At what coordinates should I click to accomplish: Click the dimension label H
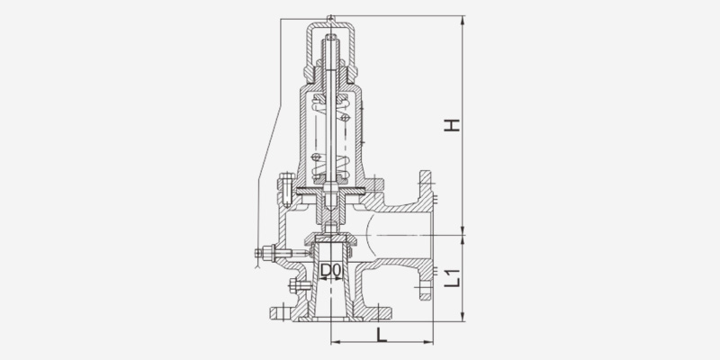[x=452, y=125]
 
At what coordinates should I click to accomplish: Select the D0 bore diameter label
[x=331, y=271]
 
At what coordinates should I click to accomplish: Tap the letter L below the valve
[x=381, y=335]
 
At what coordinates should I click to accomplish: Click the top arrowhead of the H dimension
[x=463, y=20]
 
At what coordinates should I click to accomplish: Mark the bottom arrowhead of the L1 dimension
[x=463, y=317]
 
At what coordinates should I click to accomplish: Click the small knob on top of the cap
[x=330, y=19]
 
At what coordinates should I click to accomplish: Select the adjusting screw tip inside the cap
[x=331, y=38]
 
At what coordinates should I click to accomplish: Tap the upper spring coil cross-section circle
[x=346, y=118]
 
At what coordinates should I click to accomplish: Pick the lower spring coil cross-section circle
[x=316, y=157]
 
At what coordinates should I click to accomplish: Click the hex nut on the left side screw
[x=267, y=253]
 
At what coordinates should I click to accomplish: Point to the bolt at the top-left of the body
[x=286, y=189]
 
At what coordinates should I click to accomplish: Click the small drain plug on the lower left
[x=299, y=285]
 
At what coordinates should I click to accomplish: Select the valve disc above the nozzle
[x=331, y=238]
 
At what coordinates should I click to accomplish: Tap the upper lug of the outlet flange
[x=426, y=183]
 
